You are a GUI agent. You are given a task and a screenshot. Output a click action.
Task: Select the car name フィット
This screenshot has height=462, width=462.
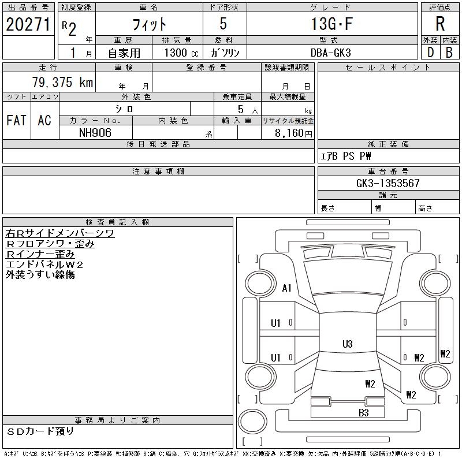point(150,24)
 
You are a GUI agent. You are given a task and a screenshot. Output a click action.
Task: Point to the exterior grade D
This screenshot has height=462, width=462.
point(430,52)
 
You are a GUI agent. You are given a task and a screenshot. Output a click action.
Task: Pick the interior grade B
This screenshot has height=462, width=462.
point(449,52)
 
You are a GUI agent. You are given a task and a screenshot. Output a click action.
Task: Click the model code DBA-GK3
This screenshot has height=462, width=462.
point(331,52)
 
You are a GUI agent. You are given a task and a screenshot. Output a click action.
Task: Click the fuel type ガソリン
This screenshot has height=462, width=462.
point(225,52)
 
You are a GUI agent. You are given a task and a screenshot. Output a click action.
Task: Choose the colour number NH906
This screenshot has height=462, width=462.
point(96,132)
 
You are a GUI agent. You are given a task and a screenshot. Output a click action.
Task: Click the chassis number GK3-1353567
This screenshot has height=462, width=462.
point(388,183)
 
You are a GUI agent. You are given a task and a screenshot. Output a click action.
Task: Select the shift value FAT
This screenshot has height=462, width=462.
point(16,120)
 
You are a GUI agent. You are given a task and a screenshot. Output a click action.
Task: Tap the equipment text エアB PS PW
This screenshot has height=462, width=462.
point(346,156)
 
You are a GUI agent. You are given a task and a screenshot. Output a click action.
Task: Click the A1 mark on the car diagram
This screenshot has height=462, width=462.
point(286,288)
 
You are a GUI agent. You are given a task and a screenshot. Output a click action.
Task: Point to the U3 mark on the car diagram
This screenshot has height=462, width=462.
point(347,344)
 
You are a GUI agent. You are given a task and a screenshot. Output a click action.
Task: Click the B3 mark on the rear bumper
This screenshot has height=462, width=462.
point(363,412)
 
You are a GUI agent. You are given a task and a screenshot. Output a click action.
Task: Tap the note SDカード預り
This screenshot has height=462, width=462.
point(41,431)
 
